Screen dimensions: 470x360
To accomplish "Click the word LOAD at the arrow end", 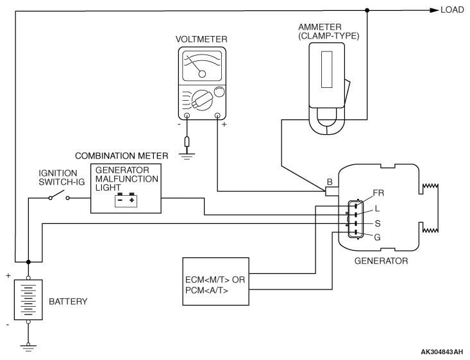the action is [x=452, y=10].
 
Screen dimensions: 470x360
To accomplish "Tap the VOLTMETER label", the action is [x=201, y=39].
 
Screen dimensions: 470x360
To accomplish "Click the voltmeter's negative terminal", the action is [x=187, y=116].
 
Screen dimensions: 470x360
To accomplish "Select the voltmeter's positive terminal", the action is [x=218, y=116].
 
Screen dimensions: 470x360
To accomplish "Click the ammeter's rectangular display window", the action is [x=327, y=69].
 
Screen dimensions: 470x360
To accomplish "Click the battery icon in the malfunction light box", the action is [x=126, y=200].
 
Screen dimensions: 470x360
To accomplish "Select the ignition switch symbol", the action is [x=60, y=195].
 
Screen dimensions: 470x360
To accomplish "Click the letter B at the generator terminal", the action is [x=330, y=182].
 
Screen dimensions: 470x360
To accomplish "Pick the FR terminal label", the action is [x=378, y=193].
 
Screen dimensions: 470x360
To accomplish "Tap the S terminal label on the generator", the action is [x=378, y=223].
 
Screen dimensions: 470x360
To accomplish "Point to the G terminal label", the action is [x=378, y=237].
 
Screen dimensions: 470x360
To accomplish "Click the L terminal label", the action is [x=377, y=209].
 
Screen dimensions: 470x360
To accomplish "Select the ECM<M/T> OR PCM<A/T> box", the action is [x=216, y=282].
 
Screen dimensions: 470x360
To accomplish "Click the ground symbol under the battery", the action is [x=28, y=347].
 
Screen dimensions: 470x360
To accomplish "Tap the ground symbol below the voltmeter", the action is [x=187, y=156].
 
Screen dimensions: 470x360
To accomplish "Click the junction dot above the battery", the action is [x=28, y=262].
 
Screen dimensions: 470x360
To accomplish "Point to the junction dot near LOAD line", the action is [x=367, y=10].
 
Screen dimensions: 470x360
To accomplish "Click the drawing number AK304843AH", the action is [x=442, y=352].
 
